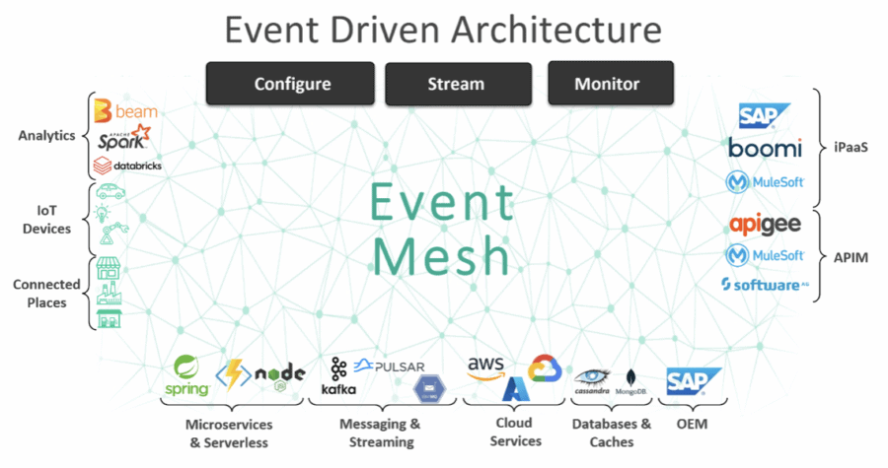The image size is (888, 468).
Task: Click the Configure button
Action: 291,84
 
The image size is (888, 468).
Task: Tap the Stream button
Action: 455,84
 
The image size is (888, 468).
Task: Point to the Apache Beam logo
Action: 125,111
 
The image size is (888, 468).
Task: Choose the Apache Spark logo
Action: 125,139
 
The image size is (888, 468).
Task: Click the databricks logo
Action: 126,166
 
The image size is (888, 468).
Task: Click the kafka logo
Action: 338,376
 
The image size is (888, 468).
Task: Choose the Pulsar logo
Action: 389,367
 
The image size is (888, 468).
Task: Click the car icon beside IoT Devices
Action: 110,193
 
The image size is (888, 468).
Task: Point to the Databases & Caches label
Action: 612,433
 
